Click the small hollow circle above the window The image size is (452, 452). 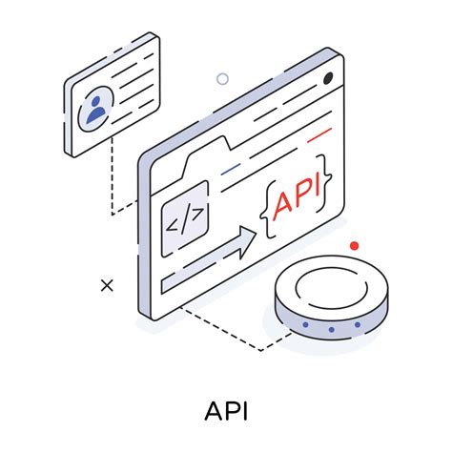point(223,79)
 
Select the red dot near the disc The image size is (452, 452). point(355,246)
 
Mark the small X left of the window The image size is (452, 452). point(107,284)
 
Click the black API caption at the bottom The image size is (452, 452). point(225,411)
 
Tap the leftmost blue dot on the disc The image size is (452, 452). point(305,326)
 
